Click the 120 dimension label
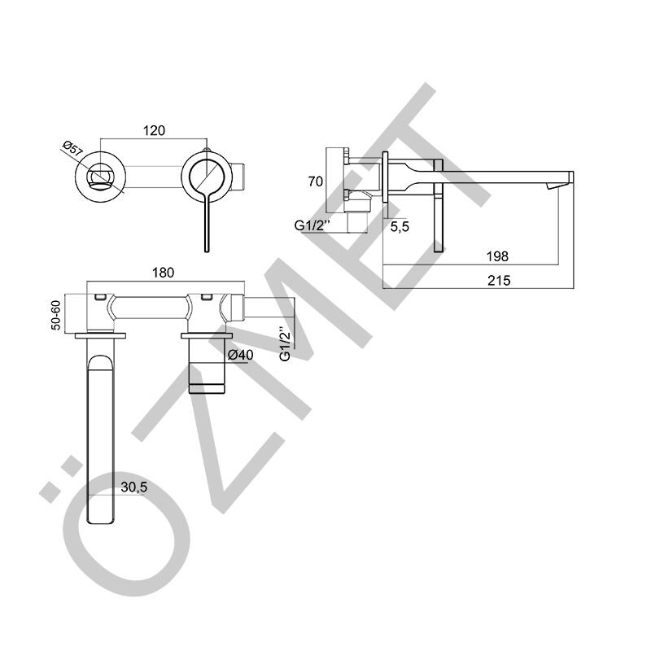pos(154,130)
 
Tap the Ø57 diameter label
pos(72,149)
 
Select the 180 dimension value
pos(164,273)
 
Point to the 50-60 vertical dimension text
pos(56,315)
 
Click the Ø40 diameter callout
pos(241,355)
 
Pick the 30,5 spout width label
pos(134,487)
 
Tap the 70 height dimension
pos(316,181)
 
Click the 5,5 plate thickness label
pos(400,227)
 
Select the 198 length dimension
pos(497,256)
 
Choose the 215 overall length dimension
pos(499,281)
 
